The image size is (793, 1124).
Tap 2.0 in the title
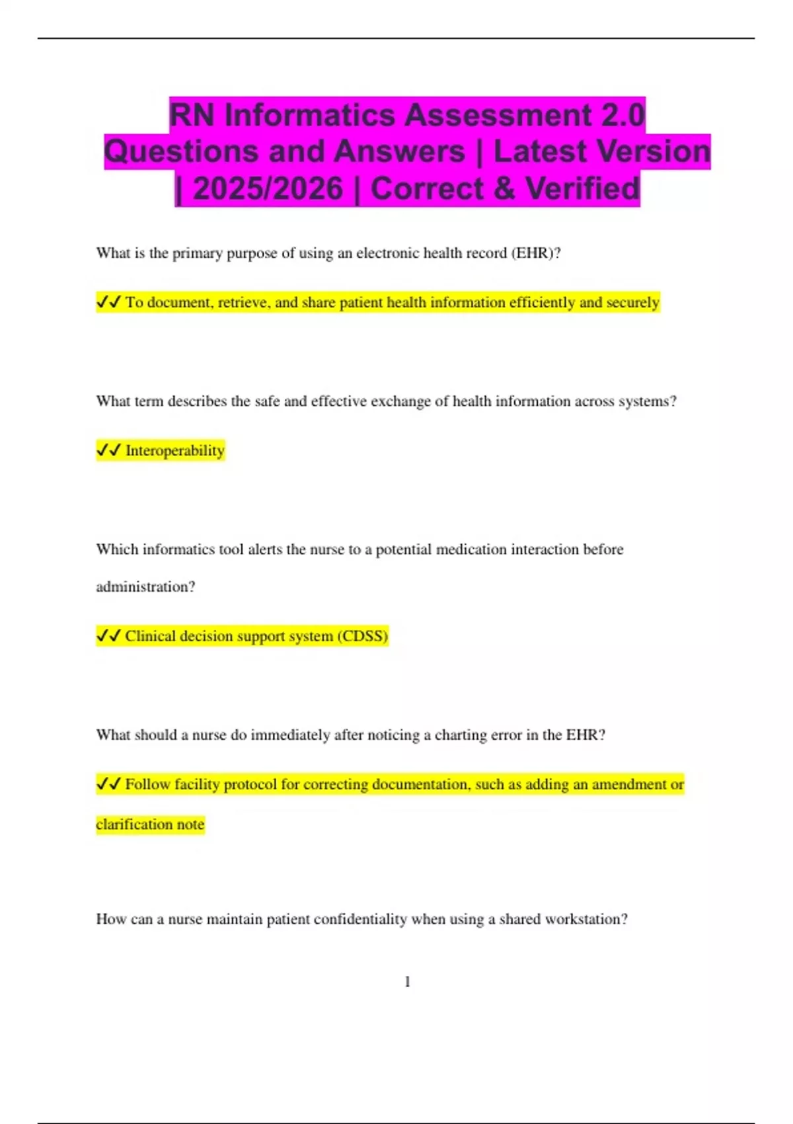tap(623, 115)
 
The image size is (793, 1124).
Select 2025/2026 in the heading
tap(268, 189)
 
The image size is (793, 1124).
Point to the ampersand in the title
tap(504, 189)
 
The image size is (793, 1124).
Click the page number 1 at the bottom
tap(407, 982)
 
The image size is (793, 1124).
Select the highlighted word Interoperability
tap(175, 450)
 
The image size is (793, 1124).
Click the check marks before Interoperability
tap(108, 450)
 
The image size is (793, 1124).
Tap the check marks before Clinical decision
tap(108, 636)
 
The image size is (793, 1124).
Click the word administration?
tap(145, 586)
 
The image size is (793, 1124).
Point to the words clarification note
tap(150, 824)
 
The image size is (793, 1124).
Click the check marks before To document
tap(108, 302)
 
